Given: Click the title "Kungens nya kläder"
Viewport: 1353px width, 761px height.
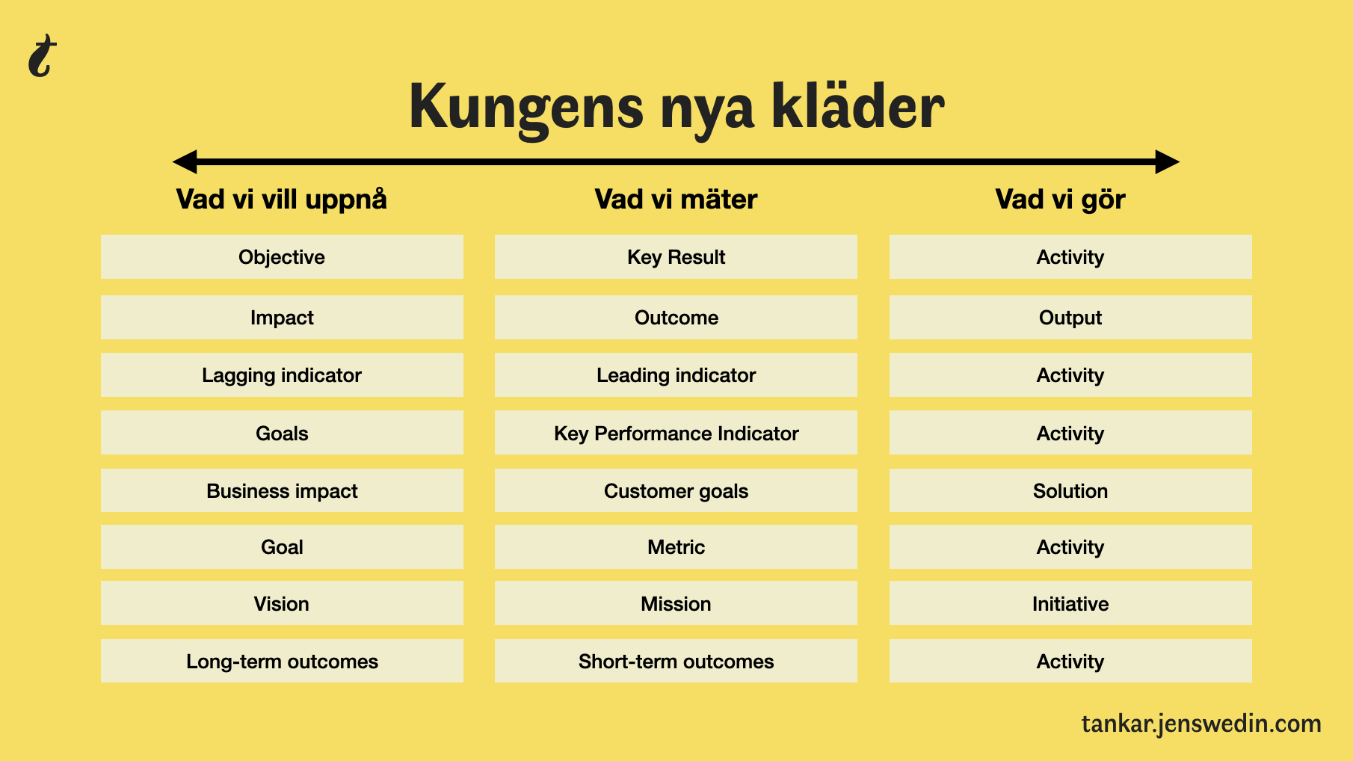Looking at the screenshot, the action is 676,107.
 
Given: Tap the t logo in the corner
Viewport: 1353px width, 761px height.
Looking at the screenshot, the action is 42,56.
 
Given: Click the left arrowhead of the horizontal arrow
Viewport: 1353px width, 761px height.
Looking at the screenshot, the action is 185,161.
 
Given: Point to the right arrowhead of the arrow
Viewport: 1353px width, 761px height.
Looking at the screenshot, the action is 1167,161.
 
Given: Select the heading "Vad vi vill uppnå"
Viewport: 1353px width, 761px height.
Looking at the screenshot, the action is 282,200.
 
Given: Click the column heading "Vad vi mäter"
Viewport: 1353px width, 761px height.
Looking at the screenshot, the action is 676,200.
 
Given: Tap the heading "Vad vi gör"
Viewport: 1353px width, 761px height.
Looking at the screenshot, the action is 1060,200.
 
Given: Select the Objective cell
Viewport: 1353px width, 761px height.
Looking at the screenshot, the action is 282,257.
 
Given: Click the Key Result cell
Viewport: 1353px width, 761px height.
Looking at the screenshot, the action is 676,257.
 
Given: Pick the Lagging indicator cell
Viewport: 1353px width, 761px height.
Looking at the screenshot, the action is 282,375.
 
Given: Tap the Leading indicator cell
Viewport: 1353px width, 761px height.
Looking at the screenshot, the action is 676,375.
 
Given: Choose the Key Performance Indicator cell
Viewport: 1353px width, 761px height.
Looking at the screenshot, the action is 676,433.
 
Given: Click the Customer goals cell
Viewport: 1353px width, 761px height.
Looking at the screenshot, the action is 676,490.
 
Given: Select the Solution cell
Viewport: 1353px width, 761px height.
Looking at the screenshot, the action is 1070,490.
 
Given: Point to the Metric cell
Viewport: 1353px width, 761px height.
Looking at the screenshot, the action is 676,547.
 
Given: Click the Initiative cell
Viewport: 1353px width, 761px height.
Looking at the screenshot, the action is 1070,603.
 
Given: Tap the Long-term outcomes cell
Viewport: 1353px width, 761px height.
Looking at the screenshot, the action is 282,661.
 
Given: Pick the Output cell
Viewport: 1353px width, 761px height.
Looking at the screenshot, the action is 1070,318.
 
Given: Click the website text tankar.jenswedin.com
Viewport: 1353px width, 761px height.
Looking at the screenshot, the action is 1201,724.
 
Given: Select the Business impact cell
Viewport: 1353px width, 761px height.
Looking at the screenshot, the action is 282,490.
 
